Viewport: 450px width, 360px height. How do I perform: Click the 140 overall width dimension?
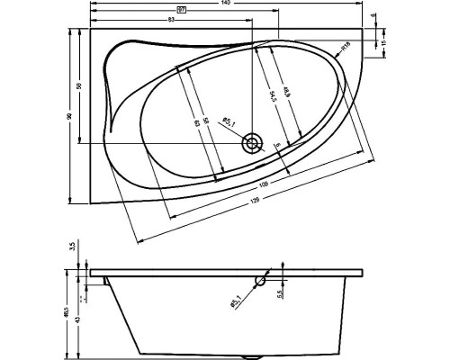point(226,4)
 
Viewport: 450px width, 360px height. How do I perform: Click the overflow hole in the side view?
point(262,279)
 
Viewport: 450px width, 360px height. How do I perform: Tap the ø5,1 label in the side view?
point(235,303)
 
